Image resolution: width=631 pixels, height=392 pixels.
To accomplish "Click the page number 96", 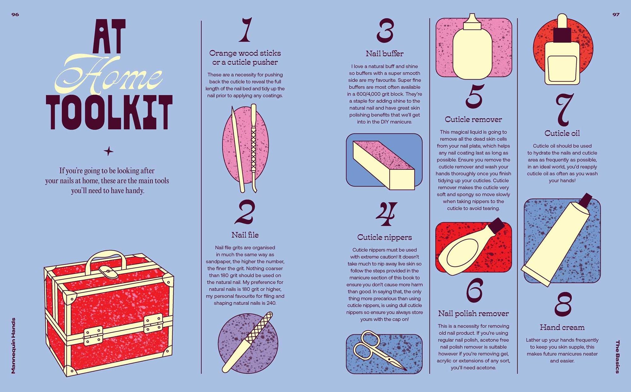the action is pyautogui.click(x=15, y=15).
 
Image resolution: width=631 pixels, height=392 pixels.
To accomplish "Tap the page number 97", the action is pyautogui.click(x=616, y=15).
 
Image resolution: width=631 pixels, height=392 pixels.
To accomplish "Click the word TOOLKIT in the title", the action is pyautogui.click(x=109, y=112).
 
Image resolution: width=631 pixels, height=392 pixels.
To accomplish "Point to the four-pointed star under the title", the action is pyautogui.click(x=109, y=151).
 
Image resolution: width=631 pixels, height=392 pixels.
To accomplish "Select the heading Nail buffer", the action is pyautogui.click(x=385, y=54).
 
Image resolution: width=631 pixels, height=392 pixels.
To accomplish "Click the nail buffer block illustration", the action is pyautogui.click(x=384, y=165).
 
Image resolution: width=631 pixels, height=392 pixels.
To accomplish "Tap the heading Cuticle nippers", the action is pyautogui.click(x=385, y=237).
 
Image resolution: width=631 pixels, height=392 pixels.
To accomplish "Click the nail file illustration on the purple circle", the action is pyautogui.click(x=247, y=342).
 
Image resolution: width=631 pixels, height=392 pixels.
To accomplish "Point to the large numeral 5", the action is pyautogui.click(x=474, y=96).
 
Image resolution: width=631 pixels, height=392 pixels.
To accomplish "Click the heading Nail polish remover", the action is pyautogui.click(x=473, y=313).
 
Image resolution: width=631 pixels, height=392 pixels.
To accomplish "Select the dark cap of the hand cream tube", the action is pyautogui.click(x=586, y=199).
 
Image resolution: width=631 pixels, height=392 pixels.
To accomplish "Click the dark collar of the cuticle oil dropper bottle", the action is pyautogui.click(x=563, y=35).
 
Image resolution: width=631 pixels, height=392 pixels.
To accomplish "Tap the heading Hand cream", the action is pyautogui.click(x=562, y=327).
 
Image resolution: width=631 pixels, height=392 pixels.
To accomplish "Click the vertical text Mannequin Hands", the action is pyautogui.click(x=13, y=346).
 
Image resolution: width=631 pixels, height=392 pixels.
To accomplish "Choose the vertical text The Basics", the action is pyautogui.click(x=617, y=357).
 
